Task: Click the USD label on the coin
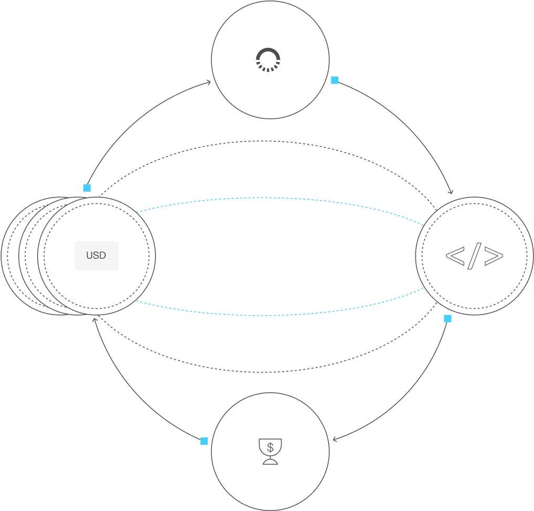tap(96, 256)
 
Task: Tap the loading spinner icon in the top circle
tap(268, 60)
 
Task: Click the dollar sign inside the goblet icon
tap(270, 447)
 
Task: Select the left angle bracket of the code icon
tap(455, 256)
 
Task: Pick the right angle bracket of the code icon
tap(493, 256)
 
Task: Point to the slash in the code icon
tap(474, 256)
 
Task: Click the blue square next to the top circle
tap(334, 80)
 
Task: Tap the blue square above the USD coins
tap(87, 188)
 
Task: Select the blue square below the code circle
tap(447, 318)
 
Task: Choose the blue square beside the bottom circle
tap(204, 441)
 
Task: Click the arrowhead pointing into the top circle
tap(209, 82)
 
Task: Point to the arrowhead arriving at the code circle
tap(451, 192)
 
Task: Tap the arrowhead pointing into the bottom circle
tap(335, 440)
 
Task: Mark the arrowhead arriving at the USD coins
tap(94, 319)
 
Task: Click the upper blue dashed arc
tap(268, 198)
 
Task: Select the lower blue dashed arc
tap(268, 315)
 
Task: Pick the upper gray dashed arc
tap(268, 141)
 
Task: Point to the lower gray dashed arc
tap(268, 372)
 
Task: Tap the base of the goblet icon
tap(270, 462)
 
